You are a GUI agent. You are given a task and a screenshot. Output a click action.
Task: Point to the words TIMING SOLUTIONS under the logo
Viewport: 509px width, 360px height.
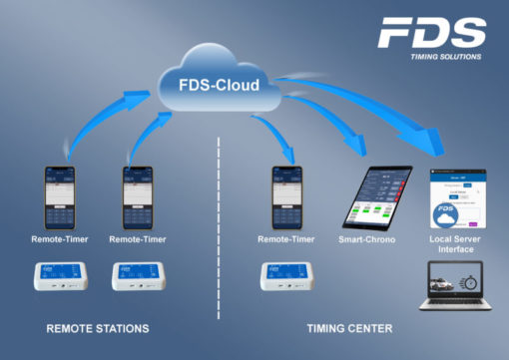pyautogui.click(x=445, y=57)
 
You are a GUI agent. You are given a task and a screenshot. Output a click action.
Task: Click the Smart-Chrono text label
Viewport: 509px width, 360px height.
pyautogui.click(x=367, y=239)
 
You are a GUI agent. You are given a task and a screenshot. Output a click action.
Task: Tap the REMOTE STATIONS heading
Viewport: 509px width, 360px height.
pyautogui.click(x=98, y=328)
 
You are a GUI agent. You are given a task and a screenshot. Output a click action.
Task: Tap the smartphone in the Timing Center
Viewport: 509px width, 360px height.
pyautogui.click(x=286, y=197)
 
